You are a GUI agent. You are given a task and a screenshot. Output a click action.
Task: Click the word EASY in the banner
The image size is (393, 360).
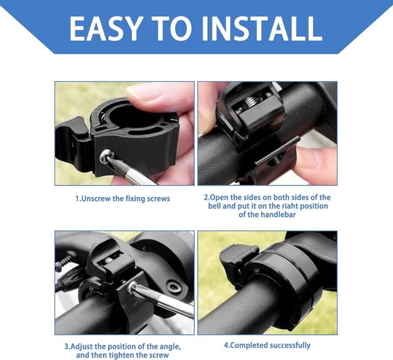(x=106, y=29)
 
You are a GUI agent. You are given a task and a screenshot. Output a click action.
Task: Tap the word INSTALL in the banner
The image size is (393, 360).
(x=262, y=29)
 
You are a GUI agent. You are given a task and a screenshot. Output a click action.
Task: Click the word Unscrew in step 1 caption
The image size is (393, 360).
(x=96, y=199)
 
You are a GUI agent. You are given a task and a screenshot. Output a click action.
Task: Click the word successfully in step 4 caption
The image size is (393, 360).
(x=290, y=345)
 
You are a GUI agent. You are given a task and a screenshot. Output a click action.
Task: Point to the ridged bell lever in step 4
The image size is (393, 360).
(x=239, y=254)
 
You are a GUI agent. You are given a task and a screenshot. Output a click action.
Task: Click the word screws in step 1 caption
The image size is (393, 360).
(x=158, y=199)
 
